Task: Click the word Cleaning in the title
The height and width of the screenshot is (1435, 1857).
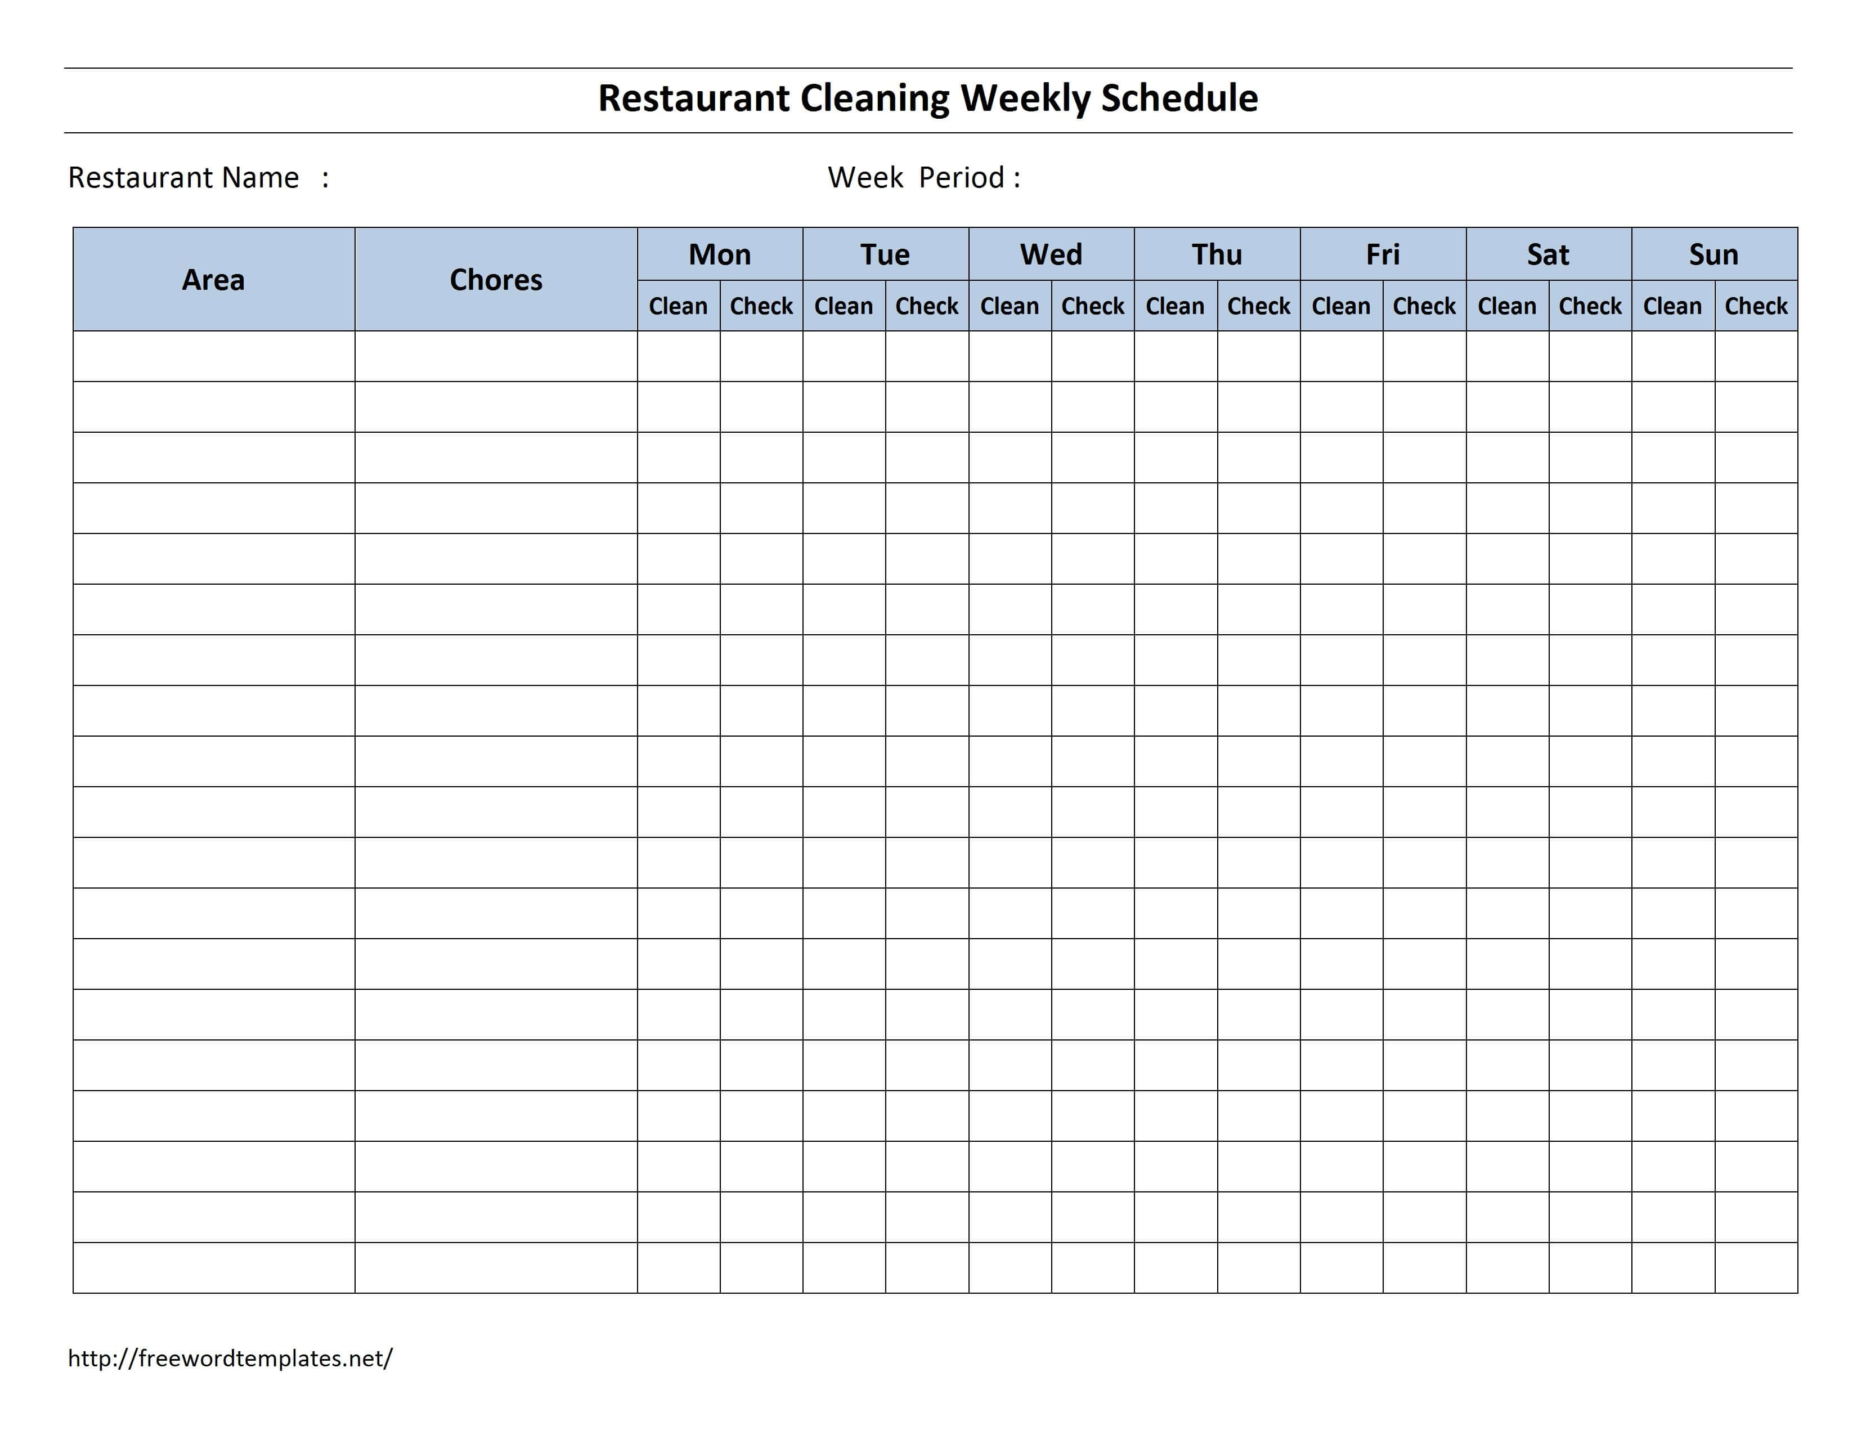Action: (x=874, y=98)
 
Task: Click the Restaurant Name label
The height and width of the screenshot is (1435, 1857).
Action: (x=183, y=178)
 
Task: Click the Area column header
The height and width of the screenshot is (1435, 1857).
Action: (x=213, y=280)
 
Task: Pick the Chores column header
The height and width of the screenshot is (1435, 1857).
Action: (x=496, y=280)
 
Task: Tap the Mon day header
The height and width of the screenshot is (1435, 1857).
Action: (x=719, y=254)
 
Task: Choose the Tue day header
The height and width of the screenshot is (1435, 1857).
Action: (x=885, y=254)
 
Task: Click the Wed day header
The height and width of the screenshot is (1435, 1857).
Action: (x=1051, y=254)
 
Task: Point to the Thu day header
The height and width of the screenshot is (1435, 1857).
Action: (x=1217, y=254)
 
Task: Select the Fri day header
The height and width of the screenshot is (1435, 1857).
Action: (x=1383, y=254)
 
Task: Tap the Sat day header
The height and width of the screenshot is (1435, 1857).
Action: (x=1549, y=254)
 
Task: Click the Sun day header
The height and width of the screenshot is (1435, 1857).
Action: (x=1714, y=254)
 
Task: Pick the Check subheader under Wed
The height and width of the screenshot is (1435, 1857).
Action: (x=1093, y=306)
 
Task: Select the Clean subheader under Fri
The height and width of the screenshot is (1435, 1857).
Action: (x=1341, y=306)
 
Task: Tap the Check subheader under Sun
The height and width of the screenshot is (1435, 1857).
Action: (x=1756, y=306)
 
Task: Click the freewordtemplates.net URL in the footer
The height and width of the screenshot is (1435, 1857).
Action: (x=230, y=1358)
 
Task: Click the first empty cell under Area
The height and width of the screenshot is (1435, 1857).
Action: (x=213, y=356)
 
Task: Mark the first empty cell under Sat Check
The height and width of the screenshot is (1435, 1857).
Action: (x=1590, y=356)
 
